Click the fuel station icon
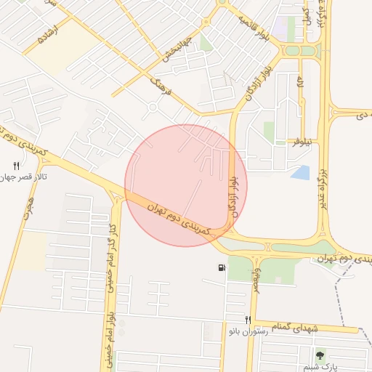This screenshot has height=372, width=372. pos(221,268)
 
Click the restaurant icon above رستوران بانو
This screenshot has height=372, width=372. pos(248,320)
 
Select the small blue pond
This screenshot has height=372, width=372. pos(300,173)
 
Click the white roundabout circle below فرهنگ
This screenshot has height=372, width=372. pos(153,108)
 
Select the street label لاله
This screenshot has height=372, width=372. pos(299,84)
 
